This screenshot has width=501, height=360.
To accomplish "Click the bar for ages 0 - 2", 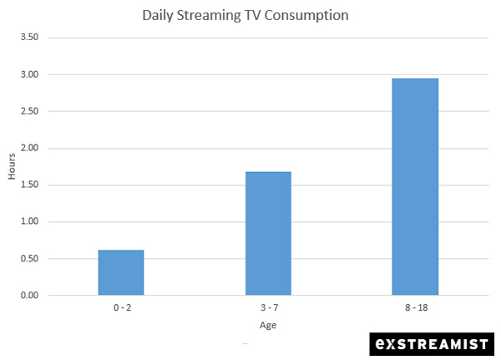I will (121, 272).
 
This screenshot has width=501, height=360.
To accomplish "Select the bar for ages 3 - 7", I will (268, 233).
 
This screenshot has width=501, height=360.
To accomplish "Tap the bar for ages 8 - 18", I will (415, 186).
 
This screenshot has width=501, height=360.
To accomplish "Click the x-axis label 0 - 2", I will (121, 308).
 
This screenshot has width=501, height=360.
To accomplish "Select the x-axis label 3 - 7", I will (268, 308).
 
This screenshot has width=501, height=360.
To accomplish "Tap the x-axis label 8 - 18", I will (415, 308).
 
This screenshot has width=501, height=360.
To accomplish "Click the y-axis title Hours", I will (12, 167).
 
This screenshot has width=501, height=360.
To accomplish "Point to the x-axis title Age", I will (268, 326).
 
